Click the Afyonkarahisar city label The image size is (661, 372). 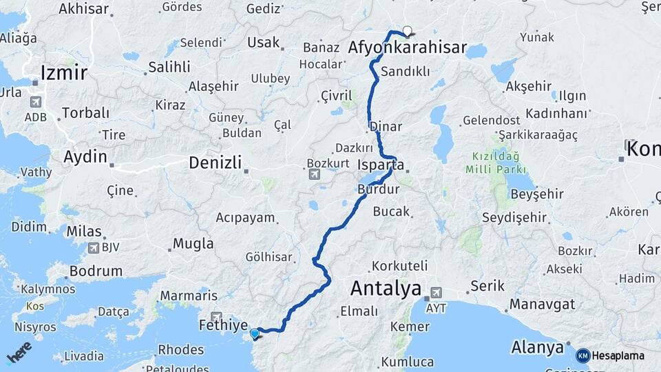[408, 49]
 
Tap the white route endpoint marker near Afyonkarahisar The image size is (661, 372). [407, 31]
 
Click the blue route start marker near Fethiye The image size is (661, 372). [255, 334]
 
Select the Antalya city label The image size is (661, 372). [386, 288]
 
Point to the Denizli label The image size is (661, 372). [216, 163]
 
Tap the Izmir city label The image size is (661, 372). [63, 72]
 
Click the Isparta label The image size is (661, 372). [381, 165]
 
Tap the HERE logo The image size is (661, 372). [19, 353]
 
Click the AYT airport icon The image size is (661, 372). [435, 291]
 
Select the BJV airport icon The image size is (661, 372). [93, 247]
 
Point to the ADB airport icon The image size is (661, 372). [35, 102]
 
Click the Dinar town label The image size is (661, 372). [386, 127]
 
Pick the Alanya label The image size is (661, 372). [537, 347]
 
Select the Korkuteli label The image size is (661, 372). [399, 265]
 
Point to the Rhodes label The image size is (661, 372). [181, 349]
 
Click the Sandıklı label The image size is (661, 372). [405, 71]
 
